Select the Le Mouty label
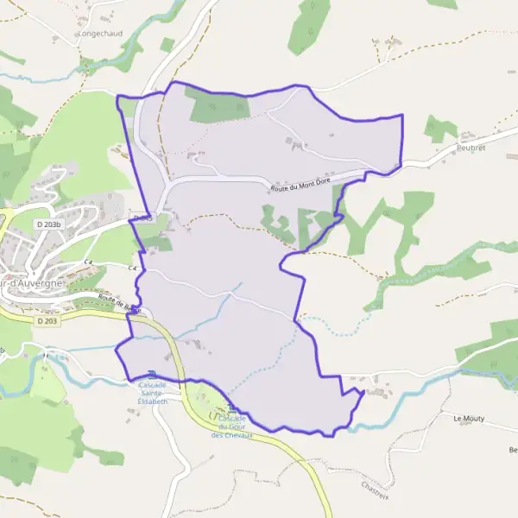pos(469,418)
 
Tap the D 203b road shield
pos(51,224)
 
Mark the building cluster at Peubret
pos(467,136)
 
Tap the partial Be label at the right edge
pos(513,451)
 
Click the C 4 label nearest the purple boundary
pos(135,270)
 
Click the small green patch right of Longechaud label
pos(167,43)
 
